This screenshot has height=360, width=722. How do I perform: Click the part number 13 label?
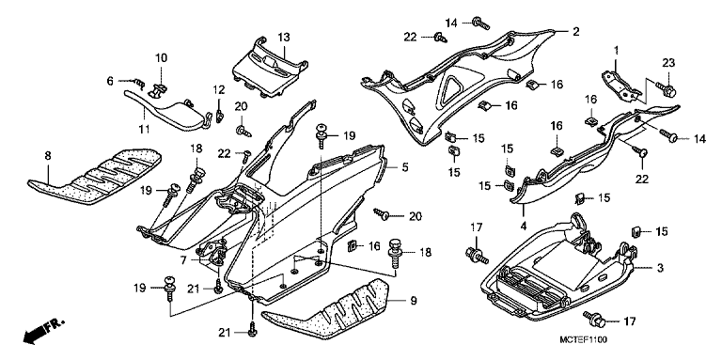[x=284, y=37]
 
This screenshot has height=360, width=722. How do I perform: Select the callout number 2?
[x=575, y=32]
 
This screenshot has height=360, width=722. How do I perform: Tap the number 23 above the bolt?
[x=668, y=64]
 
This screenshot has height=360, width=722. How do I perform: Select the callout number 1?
[x=616, y=50]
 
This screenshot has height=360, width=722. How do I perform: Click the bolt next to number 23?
[x=666, y=89]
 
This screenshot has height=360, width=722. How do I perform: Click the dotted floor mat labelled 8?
[x=95, y=176]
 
